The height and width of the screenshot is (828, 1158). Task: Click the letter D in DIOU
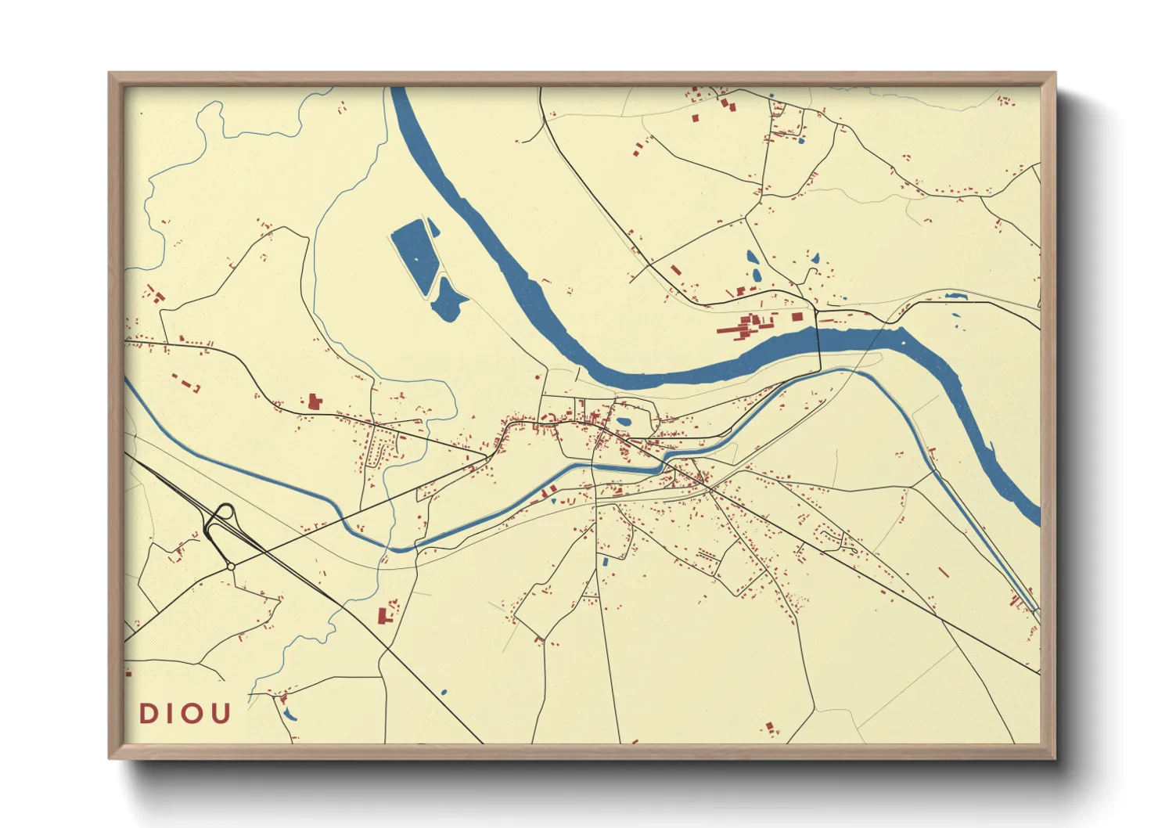[x=148, y=714]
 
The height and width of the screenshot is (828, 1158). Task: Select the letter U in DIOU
[x=221, y=714]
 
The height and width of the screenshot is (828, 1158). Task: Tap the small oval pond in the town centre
[x=624, y=423]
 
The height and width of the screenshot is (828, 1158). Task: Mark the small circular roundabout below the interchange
[x=231, y=566]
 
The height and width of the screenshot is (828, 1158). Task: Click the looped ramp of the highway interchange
[x=222, y=514]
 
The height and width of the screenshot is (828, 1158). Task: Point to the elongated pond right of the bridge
[x=955, y=296]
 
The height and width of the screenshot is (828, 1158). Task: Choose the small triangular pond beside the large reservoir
[x=432, y=226]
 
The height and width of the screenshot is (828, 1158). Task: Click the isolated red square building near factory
[x=797, y=317]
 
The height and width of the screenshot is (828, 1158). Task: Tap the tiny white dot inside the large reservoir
[x=415, y=259]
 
